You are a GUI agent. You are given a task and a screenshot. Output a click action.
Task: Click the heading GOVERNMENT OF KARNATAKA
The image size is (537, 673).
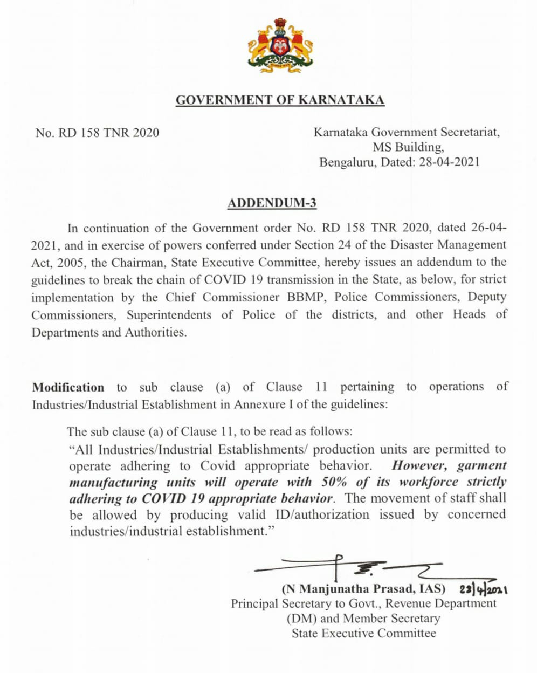280,100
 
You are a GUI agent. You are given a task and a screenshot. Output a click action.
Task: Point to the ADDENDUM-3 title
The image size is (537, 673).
272,203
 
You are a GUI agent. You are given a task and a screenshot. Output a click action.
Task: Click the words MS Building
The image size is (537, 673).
408,147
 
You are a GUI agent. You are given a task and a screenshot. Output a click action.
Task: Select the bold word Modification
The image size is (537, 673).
68,387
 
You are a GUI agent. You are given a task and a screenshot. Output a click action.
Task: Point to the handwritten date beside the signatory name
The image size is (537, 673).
484,588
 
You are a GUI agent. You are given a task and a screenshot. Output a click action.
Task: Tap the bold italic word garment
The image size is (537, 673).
481,465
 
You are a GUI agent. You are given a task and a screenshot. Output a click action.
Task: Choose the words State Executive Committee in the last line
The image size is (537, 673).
363,634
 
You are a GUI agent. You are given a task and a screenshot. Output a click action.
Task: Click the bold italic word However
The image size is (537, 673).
419,465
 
